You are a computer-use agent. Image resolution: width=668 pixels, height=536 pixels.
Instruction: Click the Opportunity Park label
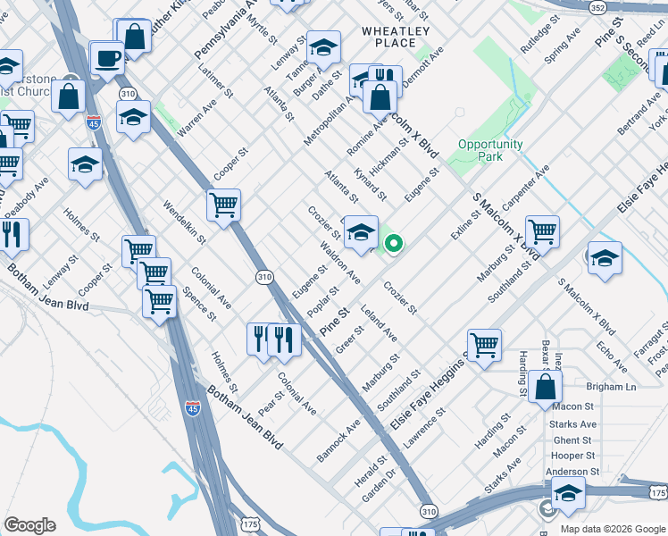[490, 150]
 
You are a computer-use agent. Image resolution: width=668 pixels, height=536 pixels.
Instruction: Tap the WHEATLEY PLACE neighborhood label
[388, 37]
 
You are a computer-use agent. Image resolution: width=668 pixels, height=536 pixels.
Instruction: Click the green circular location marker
[392, 242]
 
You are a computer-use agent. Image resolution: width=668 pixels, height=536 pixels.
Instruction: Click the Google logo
[30, 525]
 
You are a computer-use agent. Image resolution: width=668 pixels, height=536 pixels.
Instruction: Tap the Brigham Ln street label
[611, 387]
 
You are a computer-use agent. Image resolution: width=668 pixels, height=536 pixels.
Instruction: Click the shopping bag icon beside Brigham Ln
[545, 388]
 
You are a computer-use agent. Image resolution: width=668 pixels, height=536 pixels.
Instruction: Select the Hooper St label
[573, 456]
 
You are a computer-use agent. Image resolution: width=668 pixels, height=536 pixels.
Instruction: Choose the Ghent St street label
[572, 440]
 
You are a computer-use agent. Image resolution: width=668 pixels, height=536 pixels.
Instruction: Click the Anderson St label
[572, 472]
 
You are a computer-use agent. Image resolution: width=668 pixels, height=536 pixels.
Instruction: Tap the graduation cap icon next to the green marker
[361, 233]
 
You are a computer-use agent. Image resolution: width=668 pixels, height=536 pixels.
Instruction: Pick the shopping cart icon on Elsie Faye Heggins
[483, 344]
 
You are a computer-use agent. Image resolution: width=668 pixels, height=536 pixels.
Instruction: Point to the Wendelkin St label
[184, 222]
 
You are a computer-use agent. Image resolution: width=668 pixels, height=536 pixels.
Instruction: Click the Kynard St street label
[371, 183]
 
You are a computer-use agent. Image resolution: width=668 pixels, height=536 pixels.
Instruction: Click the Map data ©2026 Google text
[613, 528]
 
